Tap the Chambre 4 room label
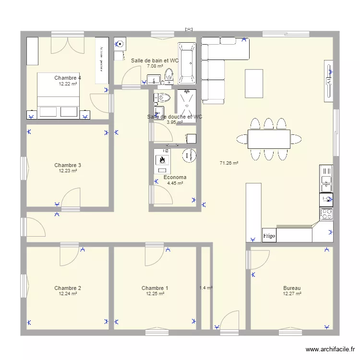[x=68, y=78]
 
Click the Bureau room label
[x=292, y=288]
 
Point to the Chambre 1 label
[x=155, y=288]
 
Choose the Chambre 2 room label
[x=68, y=288]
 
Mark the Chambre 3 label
[x=68, y=165]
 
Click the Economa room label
[x=175, y=177]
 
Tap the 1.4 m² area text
[x=206, y=288]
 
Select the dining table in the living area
[x=269, y=139]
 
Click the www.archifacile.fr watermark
[x=331, y=349]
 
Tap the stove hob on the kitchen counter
[x=326, y=214]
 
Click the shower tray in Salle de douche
[x=186, y=105]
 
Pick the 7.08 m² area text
[x=155, y=67]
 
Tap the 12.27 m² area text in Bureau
[x=292, y=294]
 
